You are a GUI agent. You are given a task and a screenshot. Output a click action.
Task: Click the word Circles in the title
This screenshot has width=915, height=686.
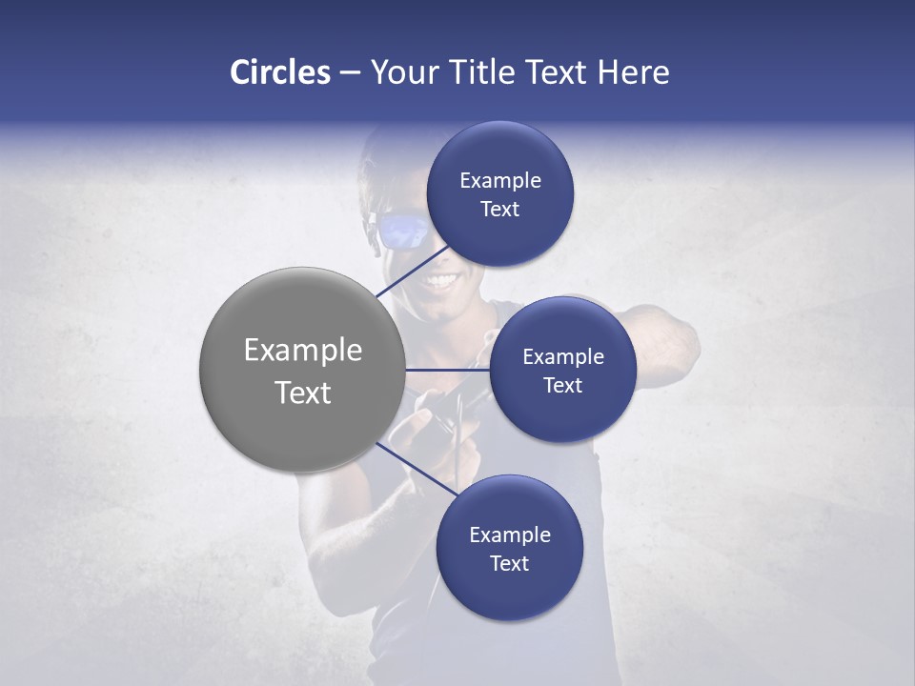point(279,72)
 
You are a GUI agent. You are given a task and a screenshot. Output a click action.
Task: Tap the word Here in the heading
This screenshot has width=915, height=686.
point(633,72)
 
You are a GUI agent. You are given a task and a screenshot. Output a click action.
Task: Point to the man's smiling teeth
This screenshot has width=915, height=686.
point(441,281)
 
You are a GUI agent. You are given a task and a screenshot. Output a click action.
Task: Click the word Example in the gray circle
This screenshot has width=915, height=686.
point(303,350)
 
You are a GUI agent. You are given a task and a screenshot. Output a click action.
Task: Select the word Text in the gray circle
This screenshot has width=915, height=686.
point(303,393)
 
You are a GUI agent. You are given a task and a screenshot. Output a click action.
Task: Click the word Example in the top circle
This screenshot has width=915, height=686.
point(500,181)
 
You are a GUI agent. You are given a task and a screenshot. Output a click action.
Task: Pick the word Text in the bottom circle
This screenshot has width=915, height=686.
point(509,563)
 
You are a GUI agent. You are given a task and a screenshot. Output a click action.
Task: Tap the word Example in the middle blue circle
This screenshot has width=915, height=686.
point(563,356)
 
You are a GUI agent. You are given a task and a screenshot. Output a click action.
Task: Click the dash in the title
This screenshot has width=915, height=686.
point(350,72)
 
